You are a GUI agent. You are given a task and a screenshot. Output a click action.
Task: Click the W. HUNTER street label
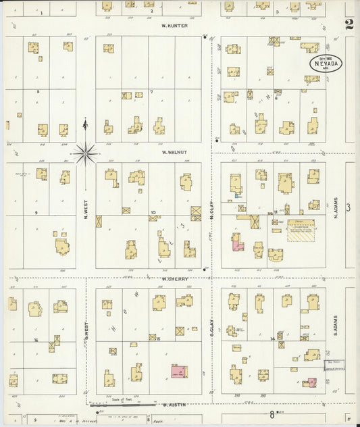point(174,26)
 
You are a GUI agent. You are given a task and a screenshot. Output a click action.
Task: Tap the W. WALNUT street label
point(174,153)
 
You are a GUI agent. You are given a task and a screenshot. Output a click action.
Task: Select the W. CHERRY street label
point(174,278)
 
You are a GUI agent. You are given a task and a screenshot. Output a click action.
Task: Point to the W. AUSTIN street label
point(174,405)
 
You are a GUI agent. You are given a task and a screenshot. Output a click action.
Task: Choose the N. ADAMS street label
point(336,207)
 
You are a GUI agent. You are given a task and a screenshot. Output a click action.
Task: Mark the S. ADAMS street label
point(336,328)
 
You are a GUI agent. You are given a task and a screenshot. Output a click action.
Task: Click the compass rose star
point(86,153)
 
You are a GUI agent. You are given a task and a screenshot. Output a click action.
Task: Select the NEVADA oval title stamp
point(326,64)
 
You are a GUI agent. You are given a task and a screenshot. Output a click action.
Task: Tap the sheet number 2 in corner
point(349,25)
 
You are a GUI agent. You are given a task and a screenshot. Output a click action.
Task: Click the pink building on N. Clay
point(237,243)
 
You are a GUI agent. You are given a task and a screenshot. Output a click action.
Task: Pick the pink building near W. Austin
point(178,372)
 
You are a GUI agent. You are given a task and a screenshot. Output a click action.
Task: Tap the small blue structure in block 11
point(236,196)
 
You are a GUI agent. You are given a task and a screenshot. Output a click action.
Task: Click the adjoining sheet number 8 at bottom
point(272,413)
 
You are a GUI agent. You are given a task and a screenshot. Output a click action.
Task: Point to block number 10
point(153,213)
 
